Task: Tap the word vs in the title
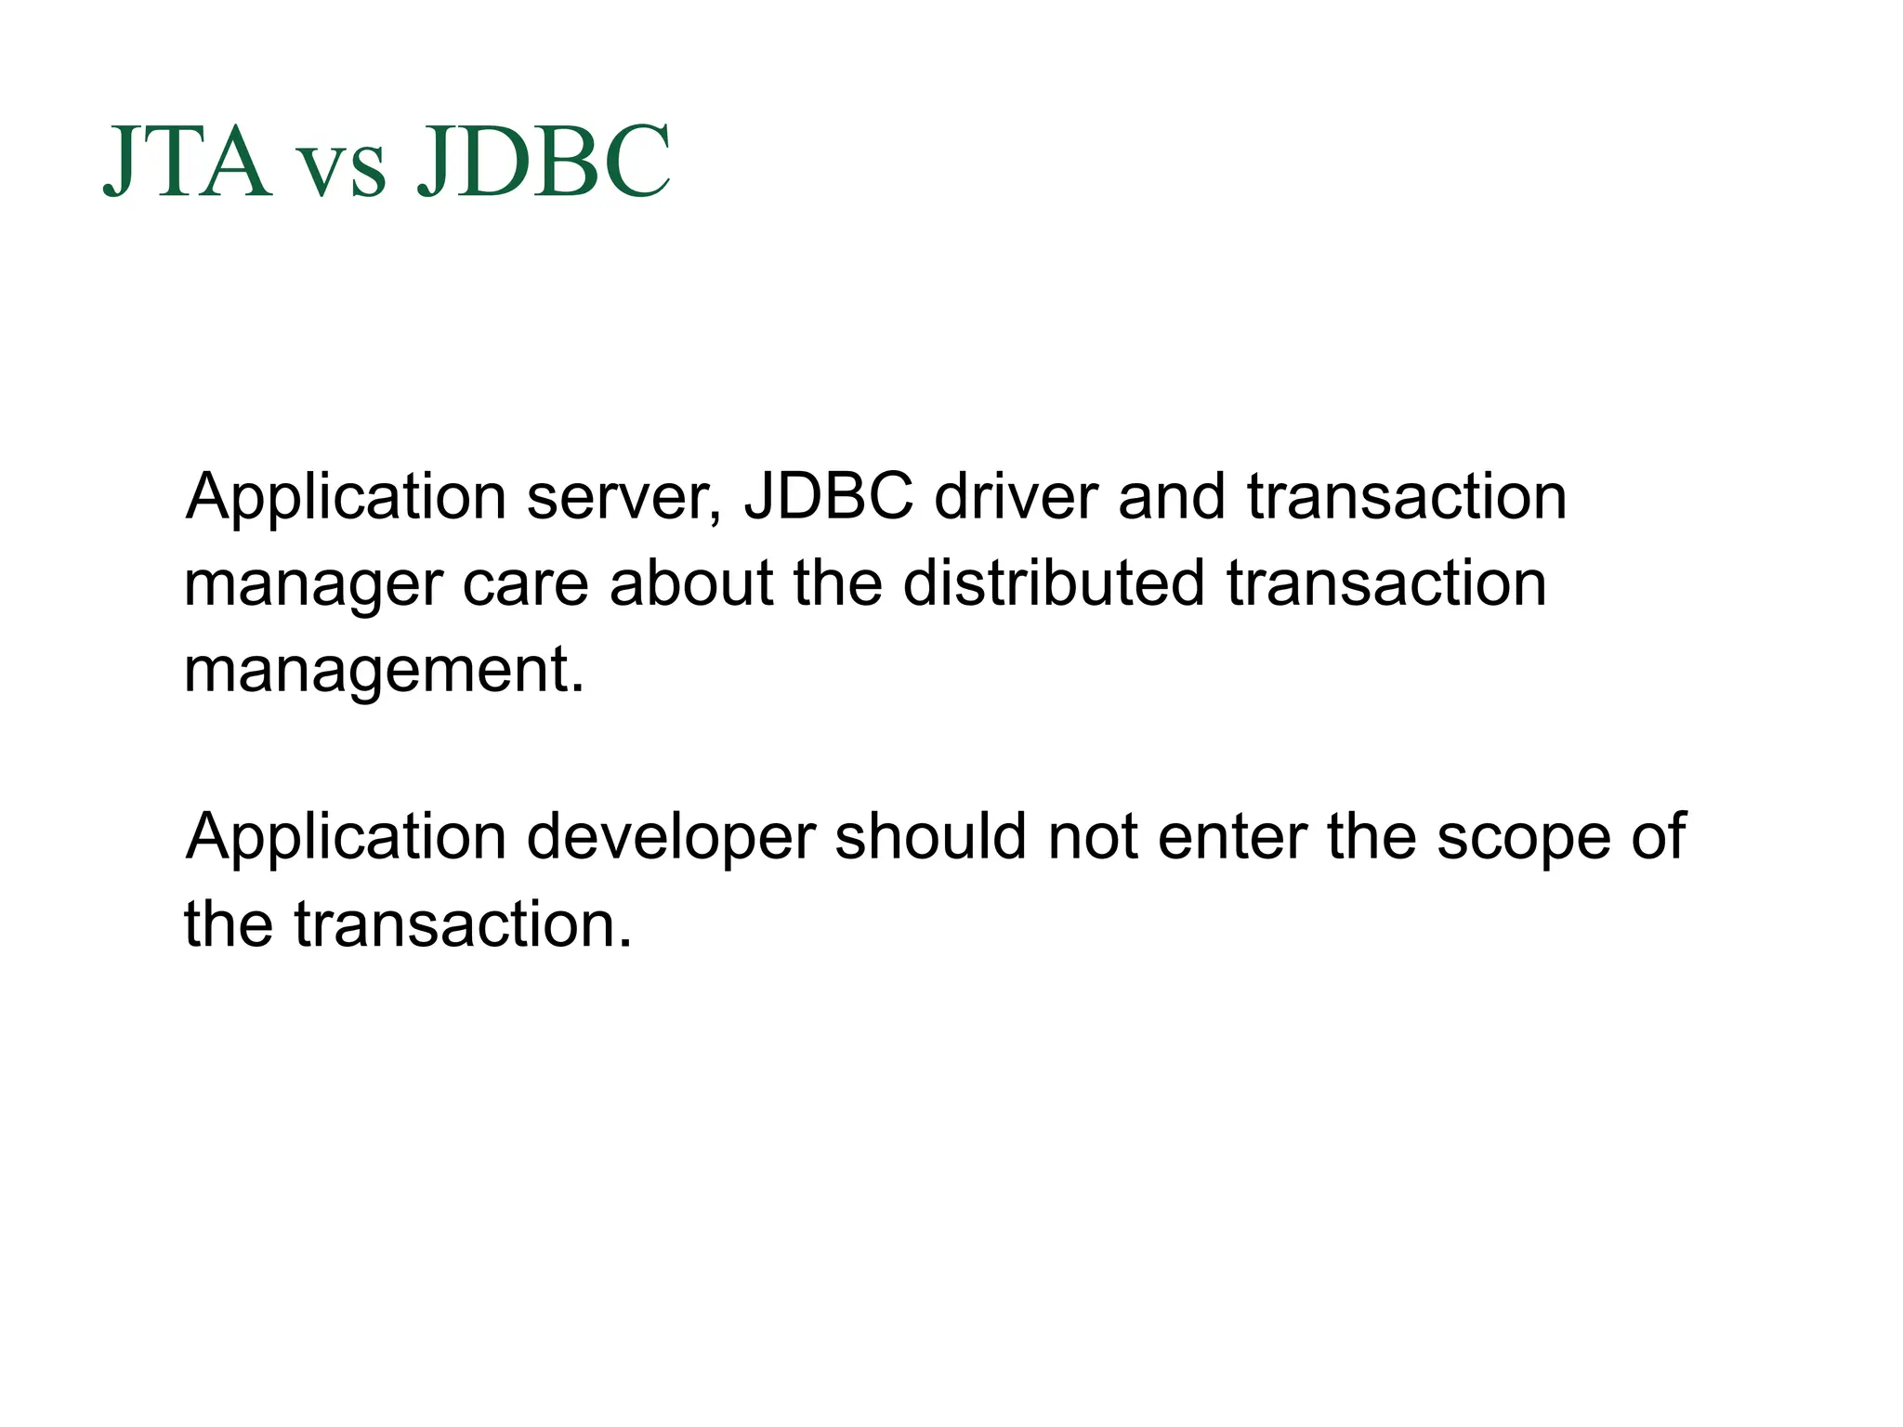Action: (343, 172)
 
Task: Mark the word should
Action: (929, 835)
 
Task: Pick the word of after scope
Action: (1659, 835)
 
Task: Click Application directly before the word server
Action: (346, 498)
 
